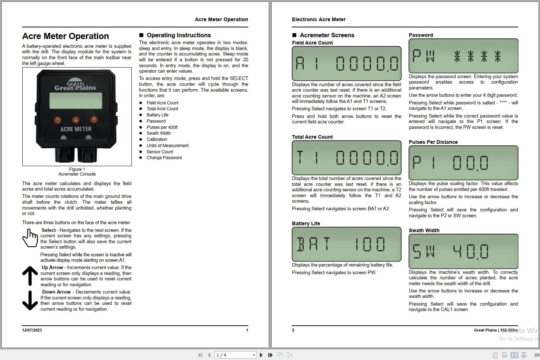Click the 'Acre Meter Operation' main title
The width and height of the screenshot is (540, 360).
pyautogui.click(x=65, y=36)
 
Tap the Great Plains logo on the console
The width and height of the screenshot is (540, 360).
pyautogui.click(x=75, y=85)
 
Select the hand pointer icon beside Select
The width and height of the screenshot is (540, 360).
pyautogui.click(x=30, y=238)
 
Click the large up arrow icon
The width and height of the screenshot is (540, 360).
pyautogui.click(x=30, y=276)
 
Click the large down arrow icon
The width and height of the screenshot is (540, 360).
pyautogui.click(x=30, y=300)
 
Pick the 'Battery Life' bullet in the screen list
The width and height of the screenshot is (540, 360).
pyautogui.click(x=157, y=115)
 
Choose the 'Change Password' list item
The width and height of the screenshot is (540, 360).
pyautogui.click(x=164, y=158)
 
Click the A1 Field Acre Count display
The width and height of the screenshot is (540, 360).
pyautogui.click(x=346, y=64)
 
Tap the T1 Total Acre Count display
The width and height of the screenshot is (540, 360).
pyautogui.click(x=346, y=158)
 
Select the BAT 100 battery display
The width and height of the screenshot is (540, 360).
pyautogui.click(x=346, y=244)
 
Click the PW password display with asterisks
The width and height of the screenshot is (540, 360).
pyautogui.click(x=463, y=56)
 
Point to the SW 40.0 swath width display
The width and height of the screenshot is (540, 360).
pyautogui.click(x=463, y=251)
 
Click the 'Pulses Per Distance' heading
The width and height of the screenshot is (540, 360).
pyautogui.click(x=433, y=142)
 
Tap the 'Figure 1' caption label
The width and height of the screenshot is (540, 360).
pyautogui.click(x=77, y=169)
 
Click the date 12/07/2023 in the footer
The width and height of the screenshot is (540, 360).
pyautogui.click(x=32, y=330)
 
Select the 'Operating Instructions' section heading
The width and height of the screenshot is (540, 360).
pyautogui.click(x=179, y=35)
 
